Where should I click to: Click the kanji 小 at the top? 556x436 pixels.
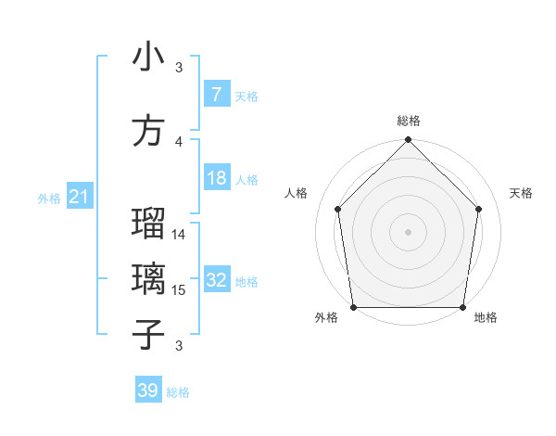coord(149,58)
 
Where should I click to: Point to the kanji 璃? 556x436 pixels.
coord(149,279)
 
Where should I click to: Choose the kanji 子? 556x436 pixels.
coord(149,334)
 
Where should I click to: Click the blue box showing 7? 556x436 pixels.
coord(216,95)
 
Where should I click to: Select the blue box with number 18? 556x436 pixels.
coord(216,179)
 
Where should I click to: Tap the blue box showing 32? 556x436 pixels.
coord(217,281)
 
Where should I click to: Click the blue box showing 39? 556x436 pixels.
coord(148,391)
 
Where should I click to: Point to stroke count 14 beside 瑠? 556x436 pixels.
coord(180,235)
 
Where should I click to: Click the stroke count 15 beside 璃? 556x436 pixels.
coord(180,289)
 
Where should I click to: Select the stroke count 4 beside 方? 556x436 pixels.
coord(180,141)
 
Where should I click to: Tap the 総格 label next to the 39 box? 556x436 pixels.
coord(178,392)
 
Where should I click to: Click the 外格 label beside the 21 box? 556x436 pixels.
coord(49,198)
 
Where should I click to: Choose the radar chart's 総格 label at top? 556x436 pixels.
coord(409,121)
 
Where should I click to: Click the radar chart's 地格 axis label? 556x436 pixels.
coord(486,318)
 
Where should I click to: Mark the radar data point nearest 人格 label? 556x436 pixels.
coord(337,209)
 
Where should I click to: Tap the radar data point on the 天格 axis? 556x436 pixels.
coord(479,209)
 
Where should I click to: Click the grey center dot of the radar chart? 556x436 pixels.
coord(409,231)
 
